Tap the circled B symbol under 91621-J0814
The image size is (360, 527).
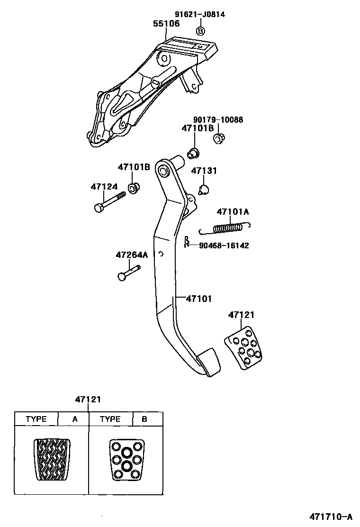pos(200,31)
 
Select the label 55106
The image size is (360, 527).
pos(166,23)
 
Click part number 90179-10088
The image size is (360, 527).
pos(218,120)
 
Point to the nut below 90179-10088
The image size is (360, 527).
pos(219,139)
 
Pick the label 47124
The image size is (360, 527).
pos(104,187)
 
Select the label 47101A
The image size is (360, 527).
pos(233,211)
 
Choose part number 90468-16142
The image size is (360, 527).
pos(224,245)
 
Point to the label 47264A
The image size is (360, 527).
pos(132,255)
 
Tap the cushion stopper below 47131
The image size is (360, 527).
pos(204,190)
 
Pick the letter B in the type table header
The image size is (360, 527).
pos(145,419)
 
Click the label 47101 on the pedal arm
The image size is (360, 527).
pos(198,299)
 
